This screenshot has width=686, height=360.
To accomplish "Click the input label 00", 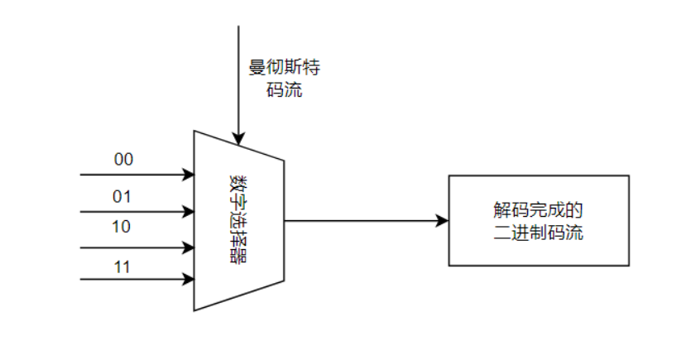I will [122, 160].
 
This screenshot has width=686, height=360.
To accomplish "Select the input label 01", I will [122, 196].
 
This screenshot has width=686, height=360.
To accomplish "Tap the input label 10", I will [121, 226].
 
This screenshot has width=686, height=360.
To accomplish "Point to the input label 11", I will [121, 267].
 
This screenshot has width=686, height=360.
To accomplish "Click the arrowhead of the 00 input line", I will [189, 175].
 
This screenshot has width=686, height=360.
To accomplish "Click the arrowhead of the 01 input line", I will [189, 211].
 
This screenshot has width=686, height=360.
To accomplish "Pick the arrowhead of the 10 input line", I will [189, 247].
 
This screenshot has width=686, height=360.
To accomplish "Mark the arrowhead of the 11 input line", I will [189, 280].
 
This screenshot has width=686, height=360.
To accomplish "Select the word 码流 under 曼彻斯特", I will [284, 89].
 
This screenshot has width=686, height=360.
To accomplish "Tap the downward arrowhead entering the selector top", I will [238, 137].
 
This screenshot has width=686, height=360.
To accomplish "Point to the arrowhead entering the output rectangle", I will [443, 221].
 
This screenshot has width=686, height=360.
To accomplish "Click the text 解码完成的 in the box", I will [538, 209].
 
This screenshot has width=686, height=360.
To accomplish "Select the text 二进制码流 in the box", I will [538, 233].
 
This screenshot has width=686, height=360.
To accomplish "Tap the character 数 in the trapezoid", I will [238, 181].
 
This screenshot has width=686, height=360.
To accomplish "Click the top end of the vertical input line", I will [238, 27].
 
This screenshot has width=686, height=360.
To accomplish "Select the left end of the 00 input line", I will [81, 175].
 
